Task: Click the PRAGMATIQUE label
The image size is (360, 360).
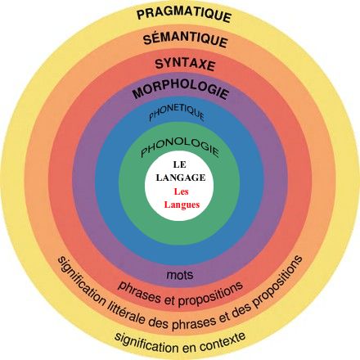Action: [x=184, y=14]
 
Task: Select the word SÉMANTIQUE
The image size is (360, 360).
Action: [x=186, y=40]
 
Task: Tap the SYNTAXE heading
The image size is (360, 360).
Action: [x=185, y=65]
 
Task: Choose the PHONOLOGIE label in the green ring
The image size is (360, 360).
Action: [x=180, y=146]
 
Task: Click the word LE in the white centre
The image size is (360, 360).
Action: [x=179, y=164]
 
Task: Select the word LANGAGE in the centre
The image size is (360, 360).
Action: [x=181, y=178]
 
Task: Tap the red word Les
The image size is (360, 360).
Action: [x=181, y=191]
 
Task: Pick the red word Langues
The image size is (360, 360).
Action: [x=182, y=205]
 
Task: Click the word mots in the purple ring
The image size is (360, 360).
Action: [x=180, y=275]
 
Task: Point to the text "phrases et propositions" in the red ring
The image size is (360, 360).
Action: [x=180, y=295]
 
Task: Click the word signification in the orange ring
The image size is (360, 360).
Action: [x=81, y=281]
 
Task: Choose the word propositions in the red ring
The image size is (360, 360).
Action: [x=210, y=295]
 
